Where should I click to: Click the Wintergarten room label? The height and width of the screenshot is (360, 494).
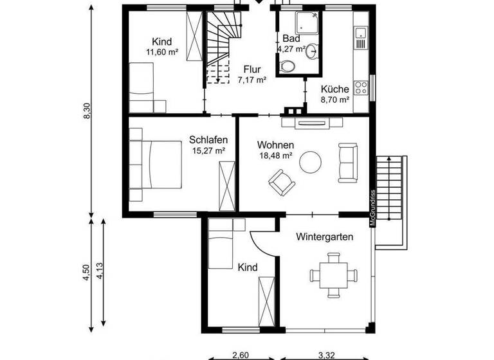coord(325,237)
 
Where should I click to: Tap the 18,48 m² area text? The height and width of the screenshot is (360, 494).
coord(275,156)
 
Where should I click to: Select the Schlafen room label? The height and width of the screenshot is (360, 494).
coord(206,139)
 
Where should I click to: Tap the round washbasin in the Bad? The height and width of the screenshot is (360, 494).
coord(312,51)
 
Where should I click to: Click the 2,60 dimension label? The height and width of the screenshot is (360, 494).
coord(239,354)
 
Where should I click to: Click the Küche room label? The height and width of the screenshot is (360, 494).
coord(335,89)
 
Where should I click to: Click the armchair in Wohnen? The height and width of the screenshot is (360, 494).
coord(280,181)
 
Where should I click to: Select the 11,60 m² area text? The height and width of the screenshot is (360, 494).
coord(162,53)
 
